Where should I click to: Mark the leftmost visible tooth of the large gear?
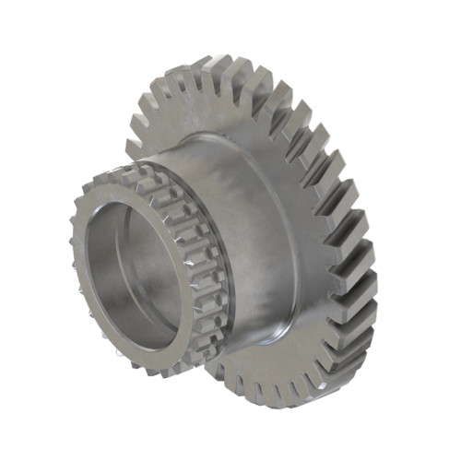click(135, 148)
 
